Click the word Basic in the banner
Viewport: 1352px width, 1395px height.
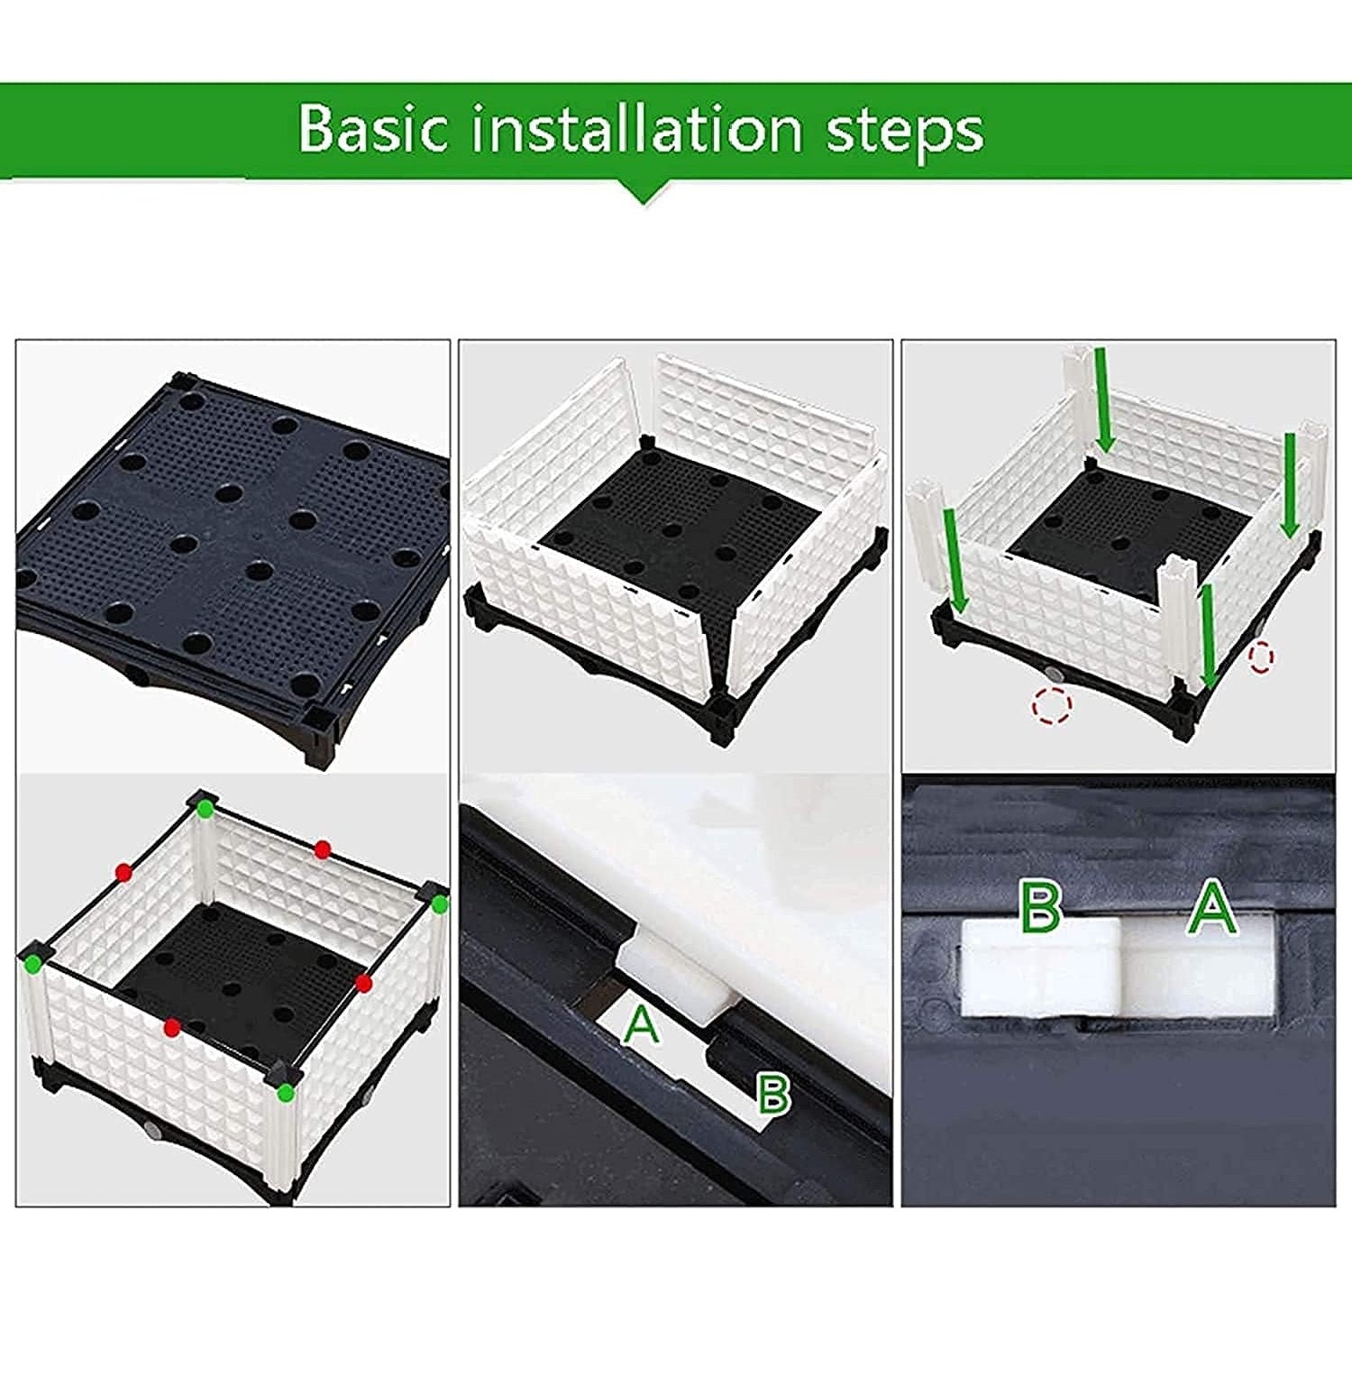point(373,129)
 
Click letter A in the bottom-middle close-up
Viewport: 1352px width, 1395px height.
point(642,1025)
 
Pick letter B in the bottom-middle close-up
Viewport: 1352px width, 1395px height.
point(772,1093)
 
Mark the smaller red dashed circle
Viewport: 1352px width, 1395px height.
point(1261,656)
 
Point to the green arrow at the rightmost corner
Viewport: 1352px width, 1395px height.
point(1290,484)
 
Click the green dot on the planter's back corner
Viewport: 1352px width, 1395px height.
point(206,809)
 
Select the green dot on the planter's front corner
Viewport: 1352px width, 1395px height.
point(286,1093)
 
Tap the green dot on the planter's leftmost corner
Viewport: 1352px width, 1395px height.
point(33,964)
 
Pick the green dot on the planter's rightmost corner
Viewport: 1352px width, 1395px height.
point(440,904)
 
